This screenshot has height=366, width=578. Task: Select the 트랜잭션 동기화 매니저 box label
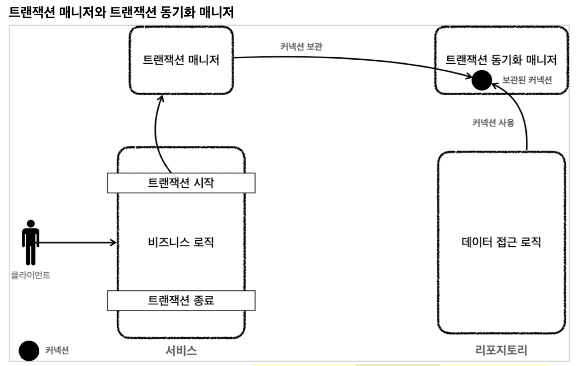pyautogui.click(x=501, y=60)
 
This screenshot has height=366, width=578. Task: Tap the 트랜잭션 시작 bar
pyautogui.click(x=181, y=183)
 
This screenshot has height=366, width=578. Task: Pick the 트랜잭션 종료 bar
pyautogui.click(x=181, y=300)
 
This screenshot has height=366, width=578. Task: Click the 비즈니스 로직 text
pyautogui.click(x=181, y=242)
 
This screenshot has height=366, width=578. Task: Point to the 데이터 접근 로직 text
pyautogui.click(x=501, y=242)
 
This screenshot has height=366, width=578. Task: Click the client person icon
pyautogui.click(x=31, y=242)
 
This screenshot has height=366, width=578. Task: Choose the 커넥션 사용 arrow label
pyautogui.click(x=493, y=123)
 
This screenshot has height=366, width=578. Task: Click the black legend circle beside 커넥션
pyautogui.click(x=29, y=350)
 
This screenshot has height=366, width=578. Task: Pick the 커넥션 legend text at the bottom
pyautogui.click(x=57, y=350)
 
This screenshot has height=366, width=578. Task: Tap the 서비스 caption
pyautogui.click(x=181, y=350)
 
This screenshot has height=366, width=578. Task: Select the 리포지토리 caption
pyautogui.click(x=501, y=350)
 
